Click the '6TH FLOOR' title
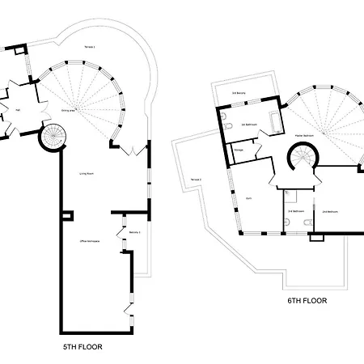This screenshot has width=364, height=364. pyautogui.click(x=307, y=300)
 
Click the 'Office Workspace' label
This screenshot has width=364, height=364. pyautogui.click(x=88, y=242)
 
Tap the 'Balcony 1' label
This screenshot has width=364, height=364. pyautogui.click(x=134, y=232)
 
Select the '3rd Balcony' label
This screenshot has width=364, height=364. pyautogui.click(x=239, y=94)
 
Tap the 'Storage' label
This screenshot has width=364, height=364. pyautogui.click(x=239, y=150)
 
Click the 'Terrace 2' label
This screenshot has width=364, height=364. pyautogui.click(x=195, y=179)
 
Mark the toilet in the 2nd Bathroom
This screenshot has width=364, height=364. pyautogui.click(x=298, y=196)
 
